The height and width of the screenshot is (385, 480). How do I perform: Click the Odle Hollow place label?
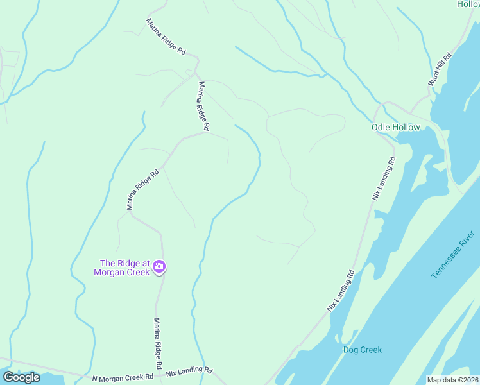point(395,127)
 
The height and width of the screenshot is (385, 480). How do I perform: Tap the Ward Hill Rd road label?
point(440,70)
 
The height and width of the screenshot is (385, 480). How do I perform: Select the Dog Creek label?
point(362,350)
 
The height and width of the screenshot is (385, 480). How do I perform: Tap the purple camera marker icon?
point(159,267)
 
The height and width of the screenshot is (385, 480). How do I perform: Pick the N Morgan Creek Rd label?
point(123,377)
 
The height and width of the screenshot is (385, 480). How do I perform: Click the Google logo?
point(21,377)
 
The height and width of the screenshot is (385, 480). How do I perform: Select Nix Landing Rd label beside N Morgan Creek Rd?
point(189,372)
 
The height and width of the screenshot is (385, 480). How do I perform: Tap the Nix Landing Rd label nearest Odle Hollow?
point(384,178)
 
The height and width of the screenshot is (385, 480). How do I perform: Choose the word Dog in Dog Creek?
point(350,350)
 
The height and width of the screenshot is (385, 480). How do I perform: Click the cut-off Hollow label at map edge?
point(468,4)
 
